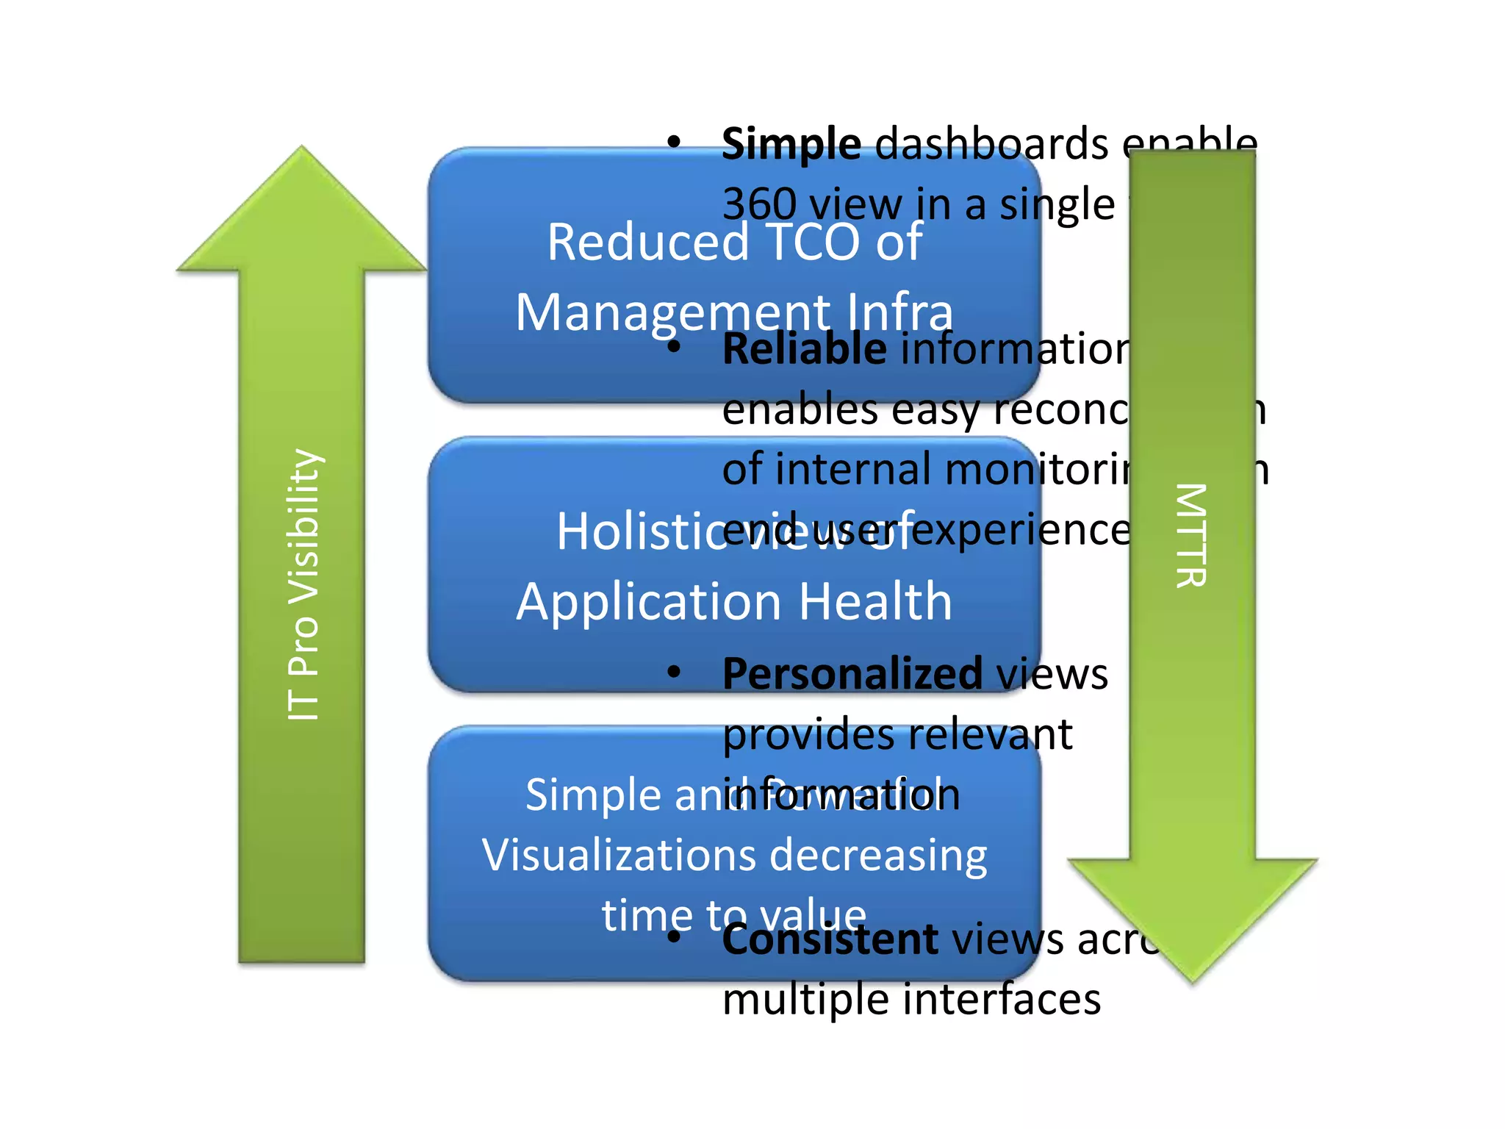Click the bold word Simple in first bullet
[x=791, y=144]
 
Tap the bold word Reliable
[x=804, y=349]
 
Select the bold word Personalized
[x=852, y=673]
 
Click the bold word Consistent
[x=830, y=940]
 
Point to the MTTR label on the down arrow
[x=1190, y=535]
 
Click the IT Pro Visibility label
[x=303, y=584]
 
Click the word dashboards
[x=992, y=144]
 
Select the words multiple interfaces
[x=911, y=1000]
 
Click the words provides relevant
[x=897, y=734]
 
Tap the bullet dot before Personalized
[x=674, y=672]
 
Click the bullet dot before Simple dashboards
[x=674, y=143]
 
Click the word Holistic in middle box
[x=636, y=532]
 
